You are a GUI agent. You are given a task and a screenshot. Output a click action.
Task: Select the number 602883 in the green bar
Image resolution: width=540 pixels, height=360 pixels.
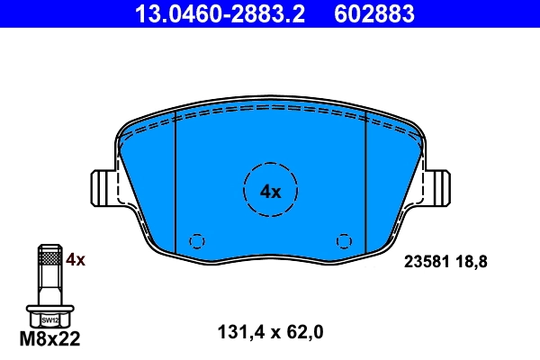point(374,13)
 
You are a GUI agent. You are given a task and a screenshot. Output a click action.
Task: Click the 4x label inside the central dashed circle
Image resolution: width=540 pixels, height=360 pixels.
point(270,191)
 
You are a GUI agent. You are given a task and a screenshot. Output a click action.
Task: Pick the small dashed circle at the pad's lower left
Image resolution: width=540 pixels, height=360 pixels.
point(196,241)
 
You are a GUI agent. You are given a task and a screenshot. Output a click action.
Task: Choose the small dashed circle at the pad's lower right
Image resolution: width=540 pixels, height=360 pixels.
point(343,241)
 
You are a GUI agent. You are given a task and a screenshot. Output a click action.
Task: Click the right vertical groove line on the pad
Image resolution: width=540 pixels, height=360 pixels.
point(365,189)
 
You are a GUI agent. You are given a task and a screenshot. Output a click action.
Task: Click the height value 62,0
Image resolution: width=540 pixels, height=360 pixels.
point(303,332)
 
